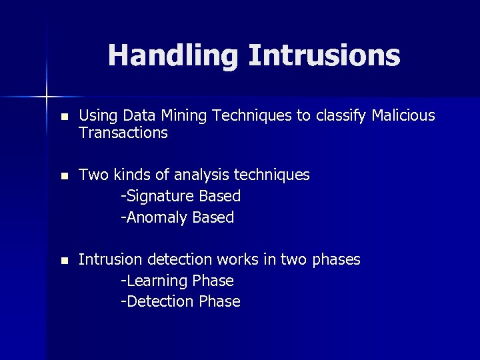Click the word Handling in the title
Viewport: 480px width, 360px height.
(x=173, y=56)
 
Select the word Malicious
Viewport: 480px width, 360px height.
(x=403, y=116)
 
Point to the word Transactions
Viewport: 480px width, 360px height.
(x=123, y=133)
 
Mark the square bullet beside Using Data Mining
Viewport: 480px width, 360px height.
(x=63, y=117)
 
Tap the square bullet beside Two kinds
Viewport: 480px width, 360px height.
(x=63, y=175)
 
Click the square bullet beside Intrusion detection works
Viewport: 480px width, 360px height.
(x=63, y=259)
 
